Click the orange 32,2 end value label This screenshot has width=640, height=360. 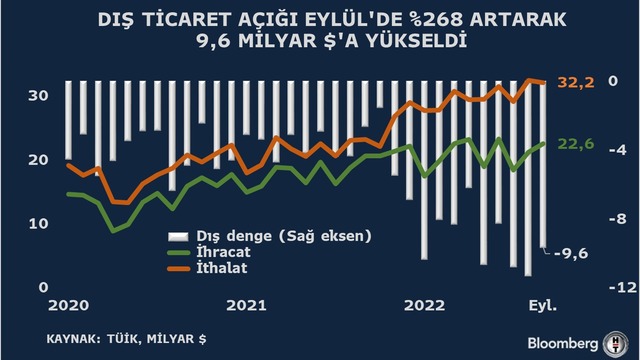tap(576, 83)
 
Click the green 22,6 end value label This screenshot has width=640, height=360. tap(576, 144)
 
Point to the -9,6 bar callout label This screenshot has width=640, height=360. tap(571, 254)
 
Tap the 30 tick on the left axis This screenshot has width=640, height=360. tap(38, 96)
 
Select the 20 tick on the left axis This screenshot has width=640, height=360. tap(38, 160)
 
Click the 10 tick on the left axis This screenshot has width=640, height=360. tap(38, 224)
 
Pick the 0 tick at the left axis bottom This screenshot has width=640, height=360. tap(43, 287)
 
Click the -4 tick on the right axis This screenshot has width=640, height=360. tap(618, 150)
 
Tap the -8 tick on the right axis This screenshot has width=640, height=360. tap(618, 219)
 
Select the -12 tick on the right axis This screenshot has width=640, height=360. tap(622, 288)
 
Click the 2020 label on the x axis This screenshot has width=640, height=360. tap(69, 306)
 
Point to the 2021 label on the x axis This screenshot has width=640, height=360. tap(247, 306)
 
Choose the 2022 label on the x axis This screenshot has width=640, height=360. tap(424, 306)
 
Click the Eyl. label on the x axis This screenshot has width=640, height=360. tap(543, 306)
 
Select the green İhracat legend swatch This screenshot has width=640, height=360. tap(179, 253)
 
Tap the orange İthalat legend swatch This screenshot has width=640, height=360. tap(179, 269)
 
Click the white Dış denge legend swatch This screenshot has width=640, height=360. tap(178, 236)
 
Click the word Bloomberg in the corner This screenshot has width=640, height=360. tap(562, 344)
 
